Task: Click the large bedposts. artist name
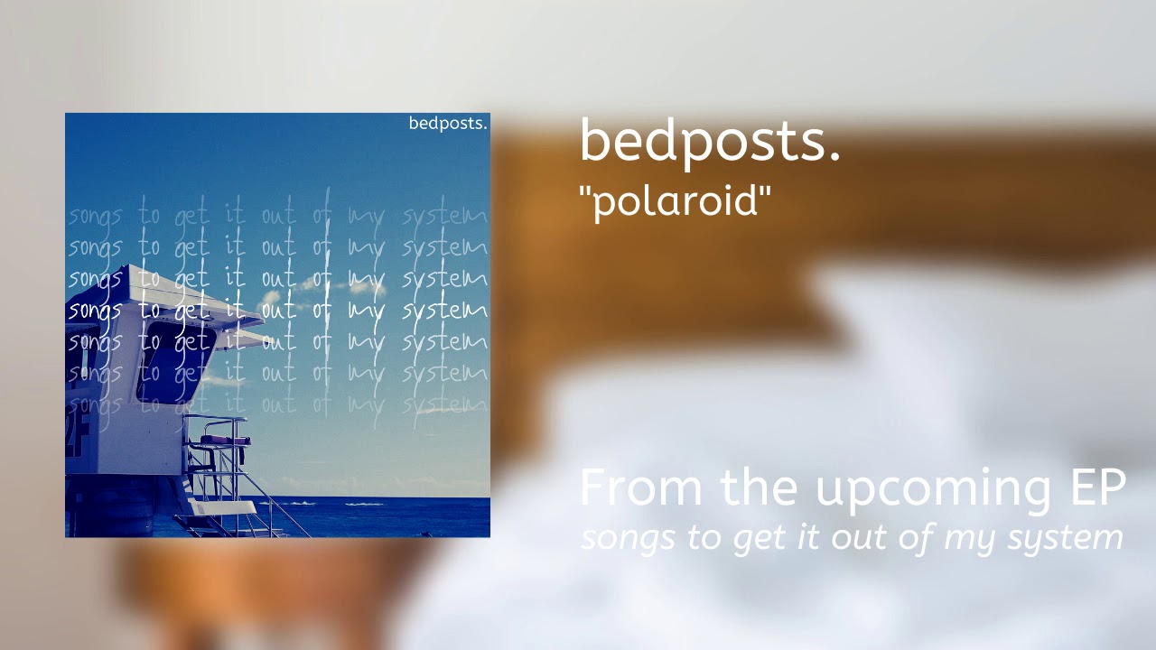pyautogui.click(x=710, y=142)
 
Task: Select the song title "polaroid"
pyautogui.click(x=675, y=200)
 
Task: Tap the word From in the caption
pyautogui.click(x=640, y=487)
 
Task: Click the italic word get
pyautogui.click(x=757, y=539)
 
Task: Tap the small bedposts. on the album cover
pyautogui.click(x=448, y=124)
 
